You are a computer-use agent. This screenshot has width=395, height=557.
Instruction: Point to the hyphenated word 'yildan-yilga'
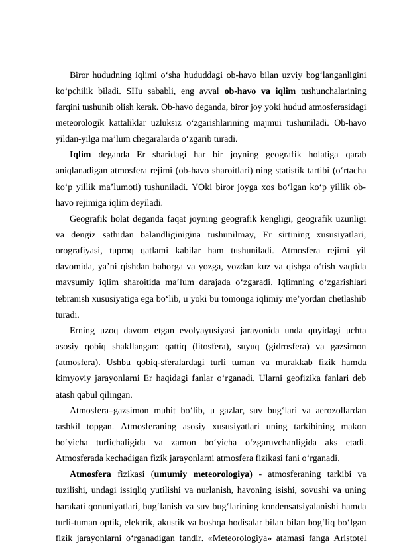click(x=78, y=139)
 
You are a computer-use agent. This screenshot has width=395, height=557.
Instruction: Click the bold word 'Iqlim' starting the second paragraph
click(x=80, y=155)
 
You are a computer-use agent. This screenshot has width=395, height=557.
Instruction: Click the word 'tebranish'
click(x=75, y=298)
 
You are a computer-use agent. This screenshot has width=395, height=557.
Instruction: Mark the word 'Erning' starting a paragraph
click(x=82, y=331)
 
